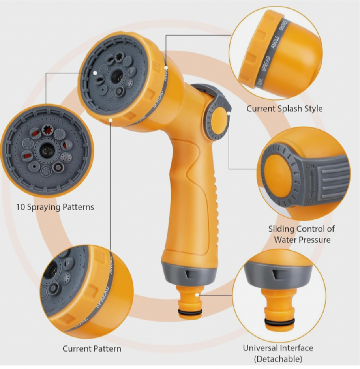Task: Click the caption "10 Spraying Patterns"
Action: click(x=55, y=207)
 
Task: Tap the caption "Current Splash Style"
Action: click(x=284, y=109)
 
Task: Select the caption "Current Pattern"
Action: click(x=92, y=348)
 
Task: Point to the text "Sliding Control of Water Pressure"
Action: click(x=302, y=234)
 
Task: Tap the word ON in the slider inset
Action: click(x=310, y=167)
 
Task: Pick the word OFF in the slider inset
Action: click(x=310, y=202)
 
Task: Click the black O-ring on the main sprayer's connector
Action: click(x=190, y=312)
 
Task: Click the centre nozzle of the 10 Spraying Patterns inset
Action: click(x=47, y=149)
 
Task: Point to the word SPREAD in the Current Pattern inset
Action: click(x=101, y=296)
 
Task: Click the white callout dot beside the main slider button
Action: click(x=229, y=113)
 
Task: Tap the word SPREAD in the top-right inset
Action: click(x=265, y=64)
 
